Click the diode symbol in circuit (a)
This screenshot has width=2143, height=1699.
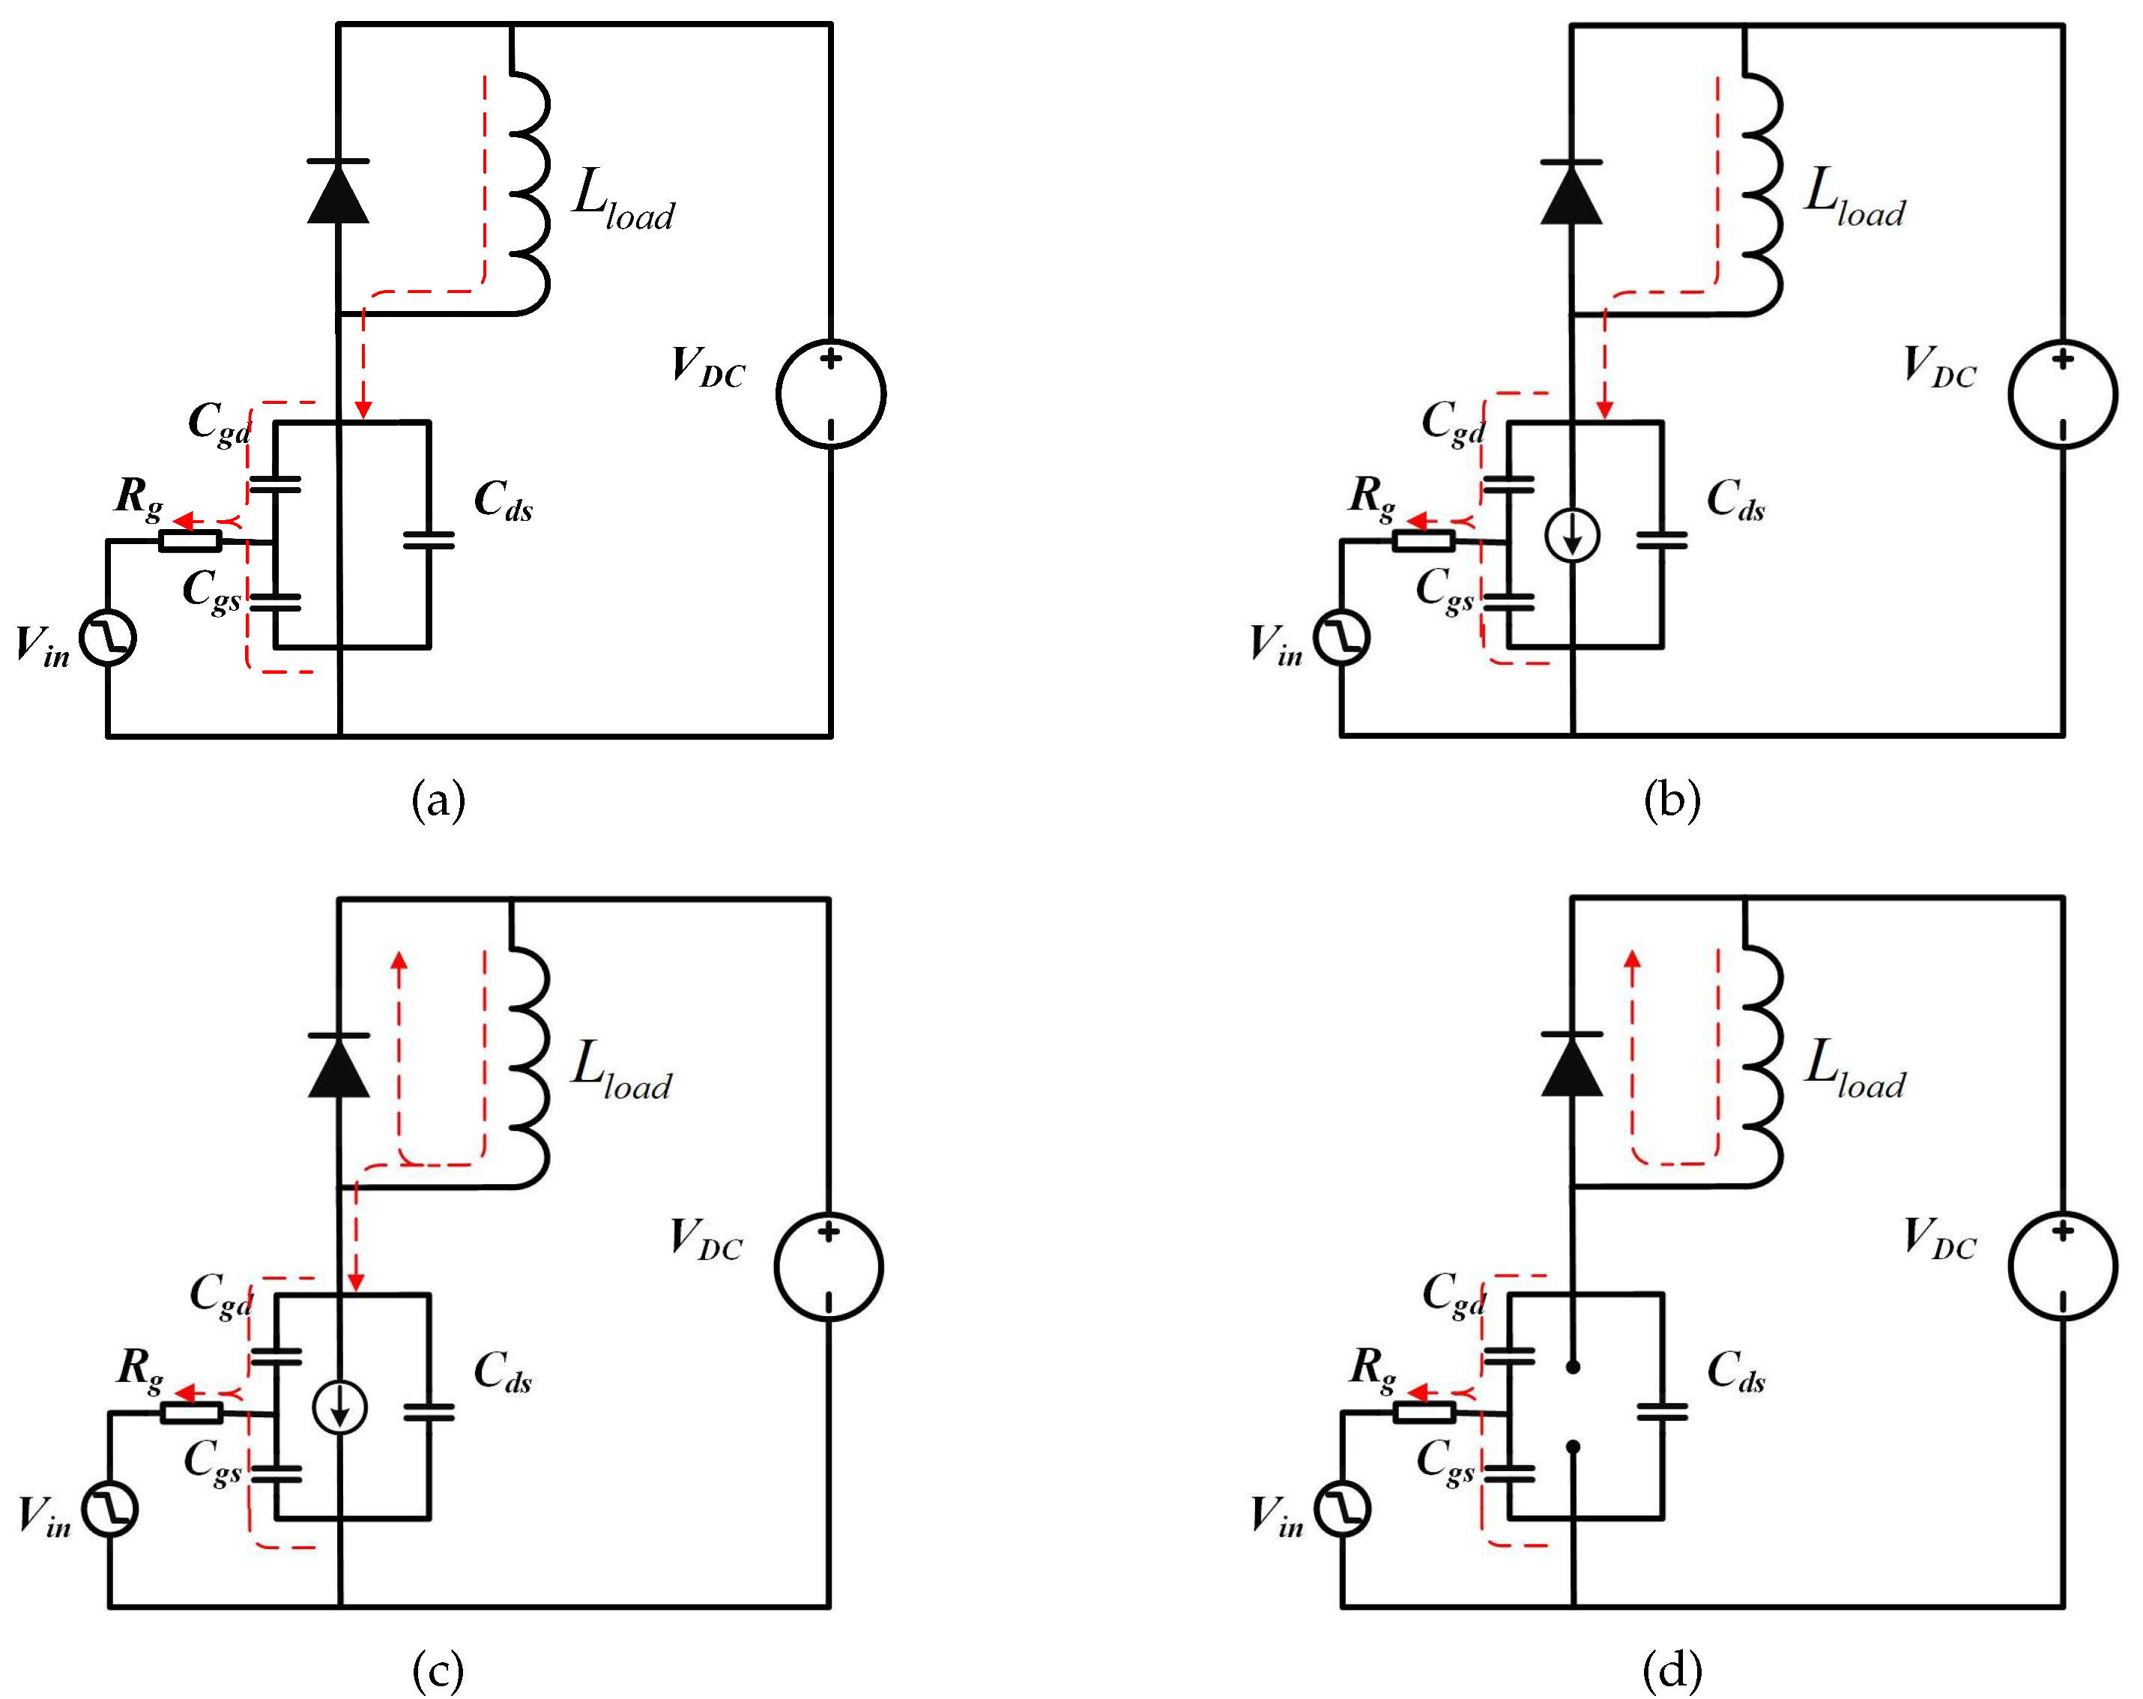point(338,191)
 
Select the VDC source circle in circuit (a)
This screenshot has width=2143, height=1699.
point(830,393)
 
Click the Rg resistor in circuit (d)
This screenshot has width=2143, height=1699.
point(1424,1412)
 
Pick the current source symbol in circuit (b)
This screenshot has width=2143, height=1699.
point(1571,537)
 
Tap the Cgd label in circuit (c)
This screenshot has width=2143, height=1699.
point(220,1295)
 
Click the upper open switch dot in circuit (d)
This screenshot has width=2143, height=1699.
point(1573,1367)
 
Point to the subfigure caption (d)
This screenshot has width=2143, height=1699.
point(1672,1671)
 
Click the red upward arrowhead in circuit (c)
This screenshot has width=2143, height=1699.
point(399,960)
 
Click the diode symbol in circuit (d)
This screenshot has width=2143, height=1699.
point(1571,1065)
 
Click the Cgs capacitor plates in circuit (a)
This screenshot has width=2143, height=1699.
point(274,602)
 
